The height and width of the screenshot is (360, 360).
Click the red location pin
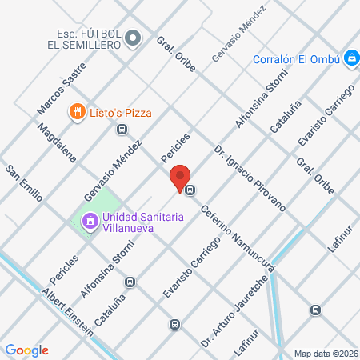(180, 177)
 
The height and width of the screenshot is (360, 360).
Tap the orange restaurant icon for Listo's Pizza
(78, 112)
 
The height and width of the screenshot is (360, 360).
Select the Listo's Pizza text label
(120, 113)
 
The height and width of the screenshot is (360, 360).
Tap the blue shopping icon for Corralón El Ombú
(350, 58)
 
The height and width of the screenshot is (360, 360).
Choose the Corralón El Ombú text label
(297, 58)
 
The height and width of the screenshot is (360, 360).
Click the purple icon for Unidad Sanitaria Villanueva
(90, 219)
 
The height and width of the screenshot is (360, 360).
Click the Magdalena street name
(56, 142)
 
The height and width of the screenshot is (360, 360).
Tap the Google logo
(26, 350)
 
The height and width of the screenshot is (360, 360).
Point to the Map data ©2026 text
(326, 353)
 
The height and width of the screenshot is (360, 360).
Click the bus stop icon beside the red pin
(190, 190)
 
